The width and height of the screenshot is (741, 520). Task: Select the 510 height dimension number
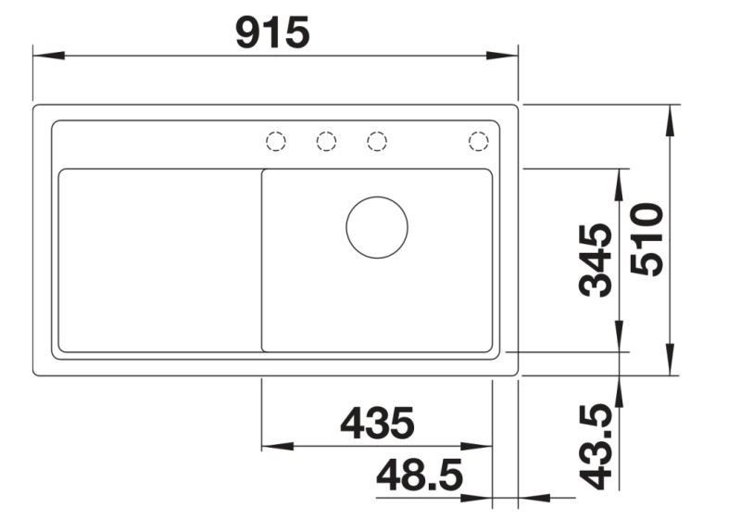[x=647, y=239]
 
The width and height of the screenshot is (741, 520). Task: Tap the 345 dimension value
[x=595, y=260]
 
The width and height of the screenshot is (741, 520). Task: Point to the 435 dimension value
[x=377, y=424]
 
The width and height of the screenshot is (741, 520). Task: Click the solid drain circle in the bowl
[x=377, y=227]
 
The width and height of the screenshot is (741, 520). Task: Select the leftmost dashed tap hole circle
[x=276, y=141]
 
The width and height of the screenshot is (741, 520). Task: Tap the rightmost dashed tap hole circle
[x=478, y=141]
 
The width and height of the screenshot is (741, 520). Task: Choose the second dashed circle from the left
[x=326, y=141]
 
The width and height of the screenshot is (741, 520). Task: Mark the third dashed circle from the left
[x=376, y=141]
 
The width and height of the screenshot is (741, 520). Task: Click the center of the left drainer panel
[x=159, y=260]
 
